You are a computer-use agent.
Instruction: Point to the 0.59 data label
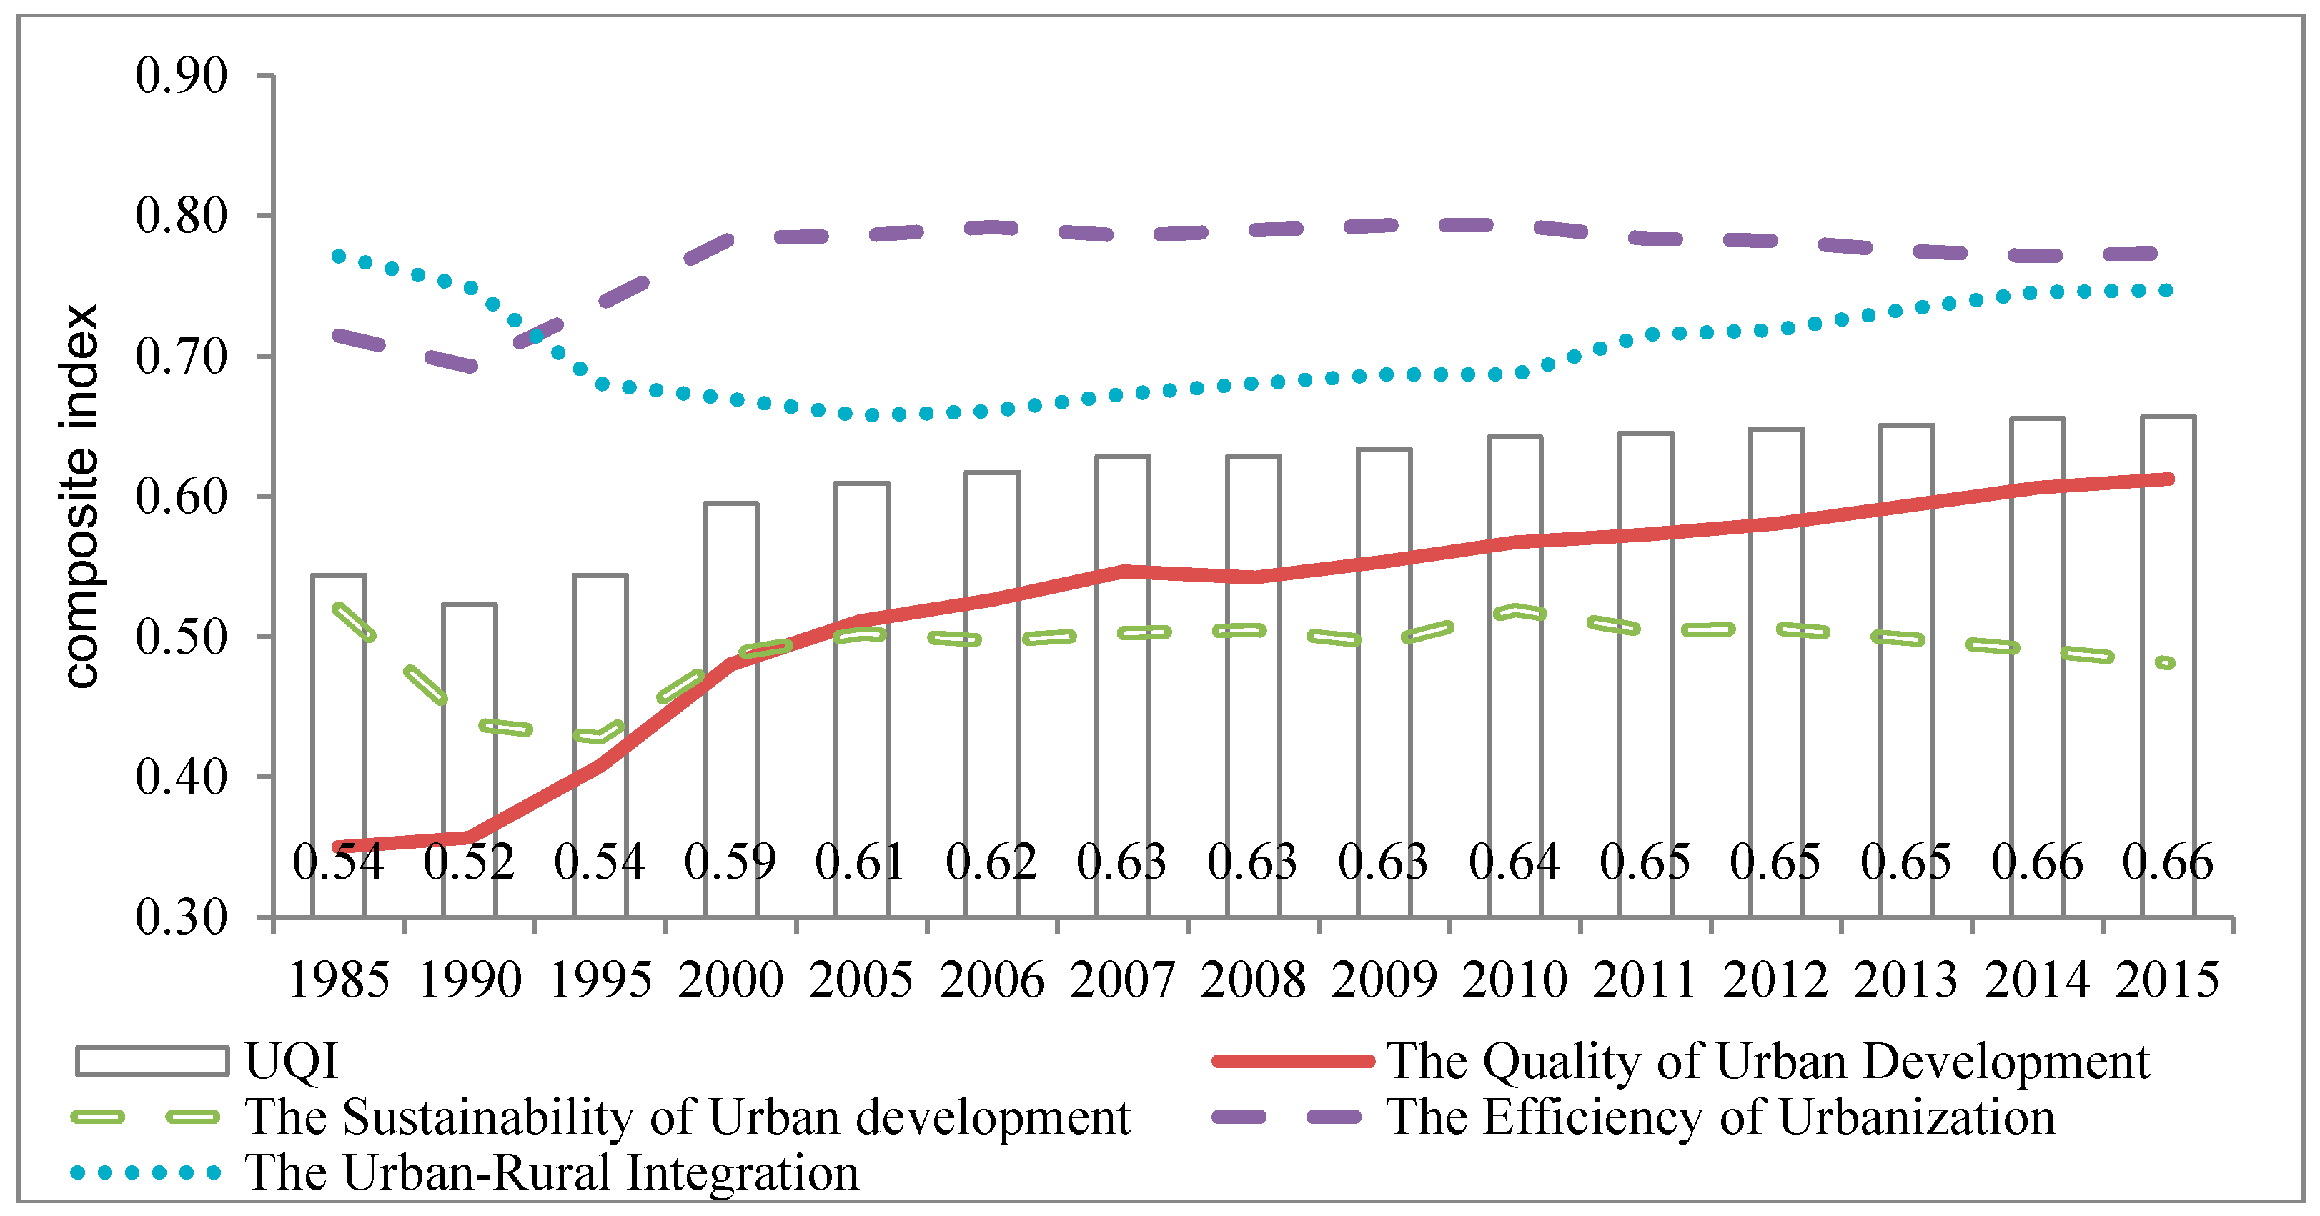coord(730,862)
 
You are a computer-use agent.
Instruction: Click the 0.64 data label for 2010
coord(1514,862)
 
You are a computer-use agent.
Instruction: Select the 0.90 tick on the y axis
coord(181,76)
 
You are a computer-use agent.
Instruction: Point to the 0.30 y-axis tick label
coord(181,918)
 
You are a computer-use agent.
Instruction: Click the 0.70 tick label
coord(181,357)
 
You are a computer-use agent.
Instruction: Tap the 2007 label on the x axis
coord(1122,980)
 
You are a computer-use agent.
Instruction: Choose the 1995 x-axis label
coord(600,980)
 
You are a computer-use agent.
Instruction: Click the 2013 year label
coord(1905,980)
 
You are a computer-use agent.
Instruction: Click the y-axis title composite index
coord(81,496)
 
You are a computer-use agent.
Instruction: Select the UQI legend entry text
coord(292,1061)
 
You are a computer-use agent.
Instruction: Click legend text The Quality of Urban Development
coord(1767,1061)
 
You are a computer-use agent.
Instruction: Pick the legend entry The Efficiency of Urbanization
coord(1720,1117)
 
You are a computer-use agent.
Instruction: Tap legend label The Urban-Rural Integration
coord(552,1173)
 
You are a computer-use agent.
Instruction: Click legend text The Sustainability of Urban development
coord(687,1117)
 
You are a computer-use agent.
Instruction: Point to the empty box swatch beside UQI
coord(152,1061)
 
